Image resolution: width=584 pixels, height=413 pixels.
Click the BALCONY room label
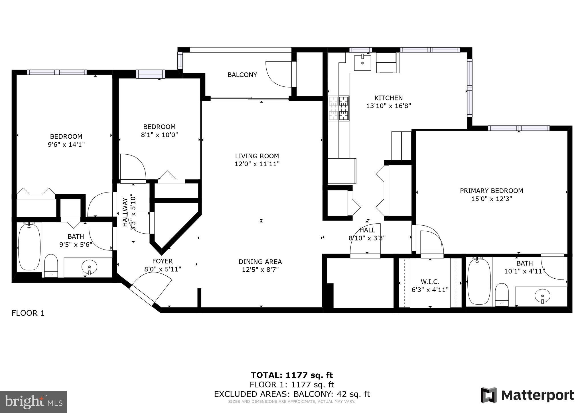click(242, 75)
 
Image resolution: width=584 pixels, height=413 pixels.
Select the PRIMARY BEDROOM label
click(491, 191)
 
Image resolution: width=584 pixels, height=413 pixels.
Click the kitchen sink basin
click(362, 63)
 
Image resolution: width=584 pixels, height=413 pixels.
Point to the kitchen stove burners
click(339, 108)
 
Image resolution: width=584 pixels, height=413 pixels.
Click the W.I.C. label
click(430, 282)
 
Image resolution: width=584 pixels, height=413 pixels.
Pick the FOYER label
click(163, 261)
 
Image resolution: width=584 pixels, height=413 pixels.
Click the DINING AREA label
click(260, 262)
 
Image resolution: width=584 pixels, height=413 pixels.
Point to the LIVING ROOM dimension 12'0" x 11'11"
click(257, 164)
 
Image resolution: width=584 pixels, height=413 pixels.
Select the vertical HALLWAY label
click(125, 212)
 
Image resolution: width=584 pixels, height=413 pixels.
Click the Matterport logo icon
click(489, 395)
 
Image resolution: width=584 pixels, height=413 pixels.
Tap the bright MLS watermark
click(33, 402)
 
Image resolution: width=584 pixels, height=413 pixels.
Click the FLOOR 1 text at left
click(28, 313)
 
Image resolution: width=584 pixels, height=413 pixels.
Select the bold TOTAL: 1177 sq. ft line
click(292, 375)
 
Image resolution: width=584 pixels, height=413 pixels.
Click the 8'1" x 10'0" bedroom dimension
click(159, 135)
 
